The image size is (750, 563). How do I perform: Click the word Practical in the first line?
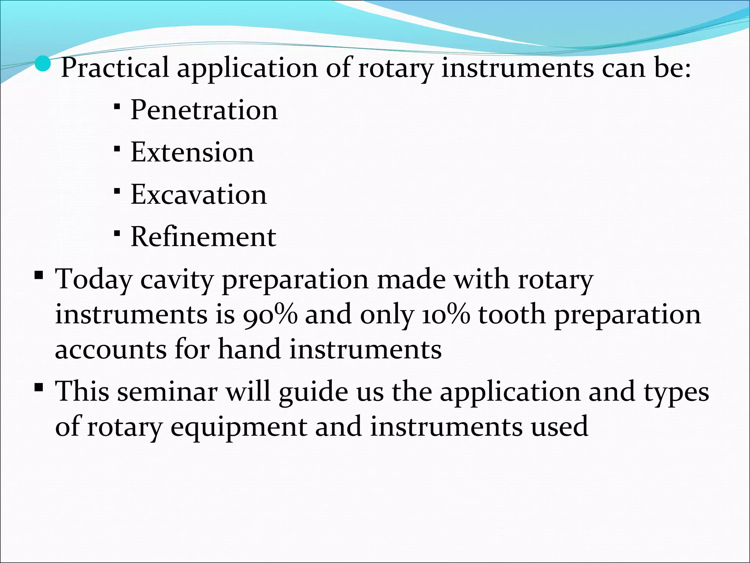click(x=115, y=68)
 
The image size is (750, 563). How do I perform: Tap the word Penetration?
click(x=204, y=110)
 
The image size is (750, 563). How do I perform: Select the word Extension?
click(x=192, y=152)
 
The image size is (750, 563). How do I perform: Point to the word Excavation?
click(x=198, y=194)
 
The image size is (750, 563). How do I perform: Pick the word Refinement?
click(x=203, y=237)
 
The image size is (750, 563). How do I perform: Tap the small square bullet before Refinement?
click(x=117, y=233)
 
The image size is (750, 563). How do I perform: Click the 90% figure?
click(x=270, y=314)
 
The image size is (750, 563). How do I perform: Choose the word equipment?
click(x=239, y=427)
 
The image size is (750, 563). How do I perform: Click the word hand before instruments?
click(x=249, y=349)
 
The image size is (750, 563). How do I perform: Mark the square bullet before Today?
click(x=38, y=275)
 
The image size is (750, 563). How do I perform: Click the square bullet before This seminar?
click(x=38, y=387)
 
